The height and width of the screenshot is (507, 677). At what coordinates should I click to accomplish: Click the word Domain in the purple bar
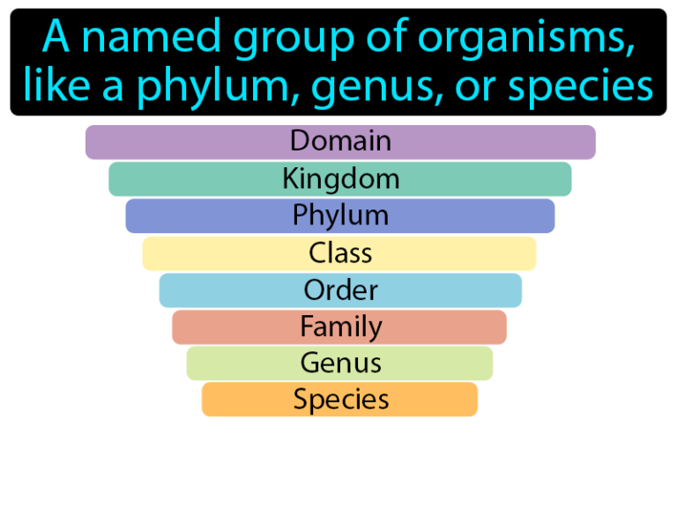coord(340,141)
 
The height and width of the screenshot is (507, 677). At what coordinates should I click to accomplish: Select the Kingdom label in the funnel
coord(340,179)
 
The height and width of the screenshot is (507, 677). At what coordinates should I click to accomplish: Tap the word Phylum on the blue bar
coord(340,216)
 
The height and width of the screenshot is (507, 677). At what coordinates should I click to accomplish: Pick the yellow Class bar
coord(340,253)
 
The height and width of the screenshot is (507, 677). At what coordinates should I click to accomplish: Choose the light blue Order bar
coord(340,290)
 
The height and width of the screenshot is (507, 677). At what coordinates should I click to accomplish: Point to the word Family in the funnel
coord(340,327)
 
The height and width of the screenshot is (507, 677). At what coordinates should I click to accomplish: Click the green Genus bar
coord(340,363)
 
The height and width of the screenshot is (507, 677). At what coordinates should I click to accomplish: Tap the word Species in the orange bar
coord(340,400)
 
